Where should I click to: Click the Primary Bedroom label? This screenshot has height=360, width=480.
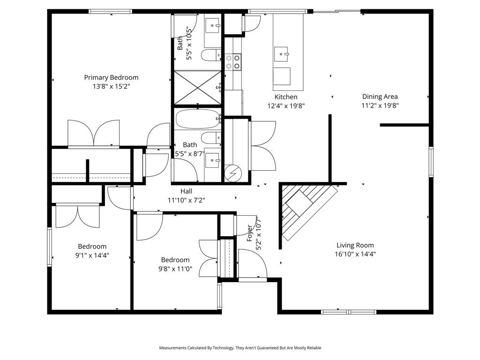(x=111, y=77)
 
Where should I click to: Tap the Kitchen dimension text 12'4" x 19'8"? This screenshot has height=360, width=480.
(x=286, y=106)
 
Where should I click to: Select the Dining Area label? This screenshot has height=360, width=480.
(x=380, y=97)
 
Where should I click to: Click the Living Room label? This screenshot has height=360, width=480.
(x=355, y=245)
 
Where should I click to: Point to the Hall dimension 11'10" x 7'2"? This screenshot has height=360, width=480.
(x=186, y=200)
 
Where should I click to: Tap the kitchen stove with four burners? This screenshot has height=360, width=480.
(x=232, y=62)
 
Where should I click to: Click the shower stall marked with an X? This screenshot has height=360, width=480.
(x=197, y=88)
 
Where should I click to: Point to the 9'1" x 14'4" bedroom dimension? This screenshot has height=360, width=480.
(x=92, y=255)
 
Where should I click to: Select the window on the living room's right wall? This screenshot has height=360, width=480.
(x=431, y=162)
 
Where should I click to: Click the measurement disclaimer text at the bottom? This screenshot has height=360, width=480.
(x=240, y=348)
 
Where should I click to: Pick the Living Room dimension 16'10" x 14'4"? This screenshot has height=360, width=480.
(x=355, y=254)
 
